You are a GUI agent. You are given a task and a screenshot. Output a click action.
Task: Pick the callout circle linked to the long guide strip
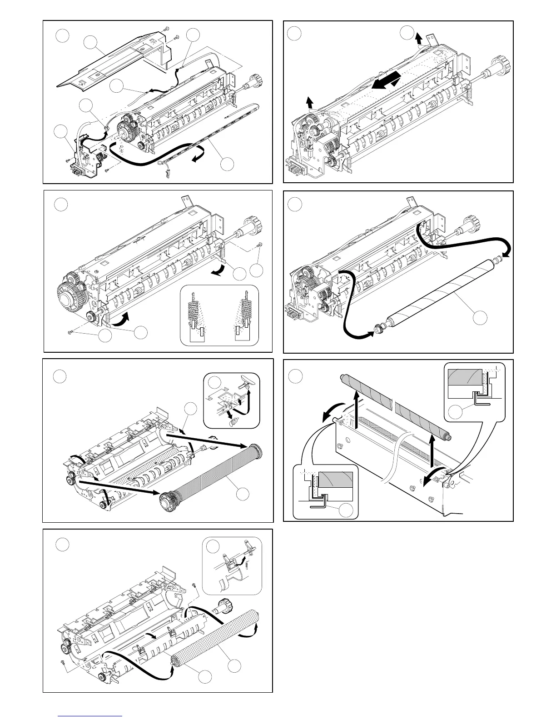click(x=228, y=164)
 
